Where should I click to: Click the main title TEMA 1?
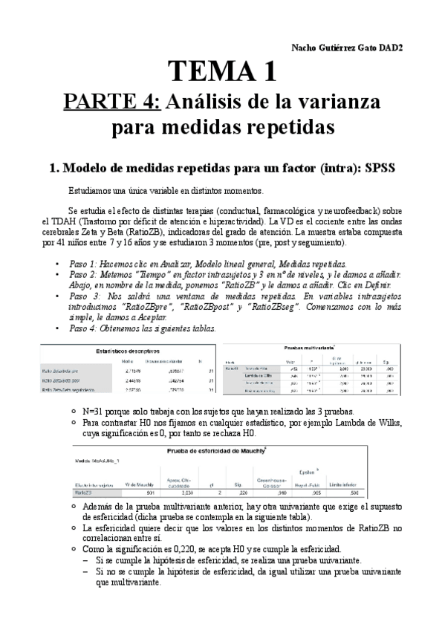(222, 71)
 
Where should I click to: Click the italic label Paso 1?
(84, 264)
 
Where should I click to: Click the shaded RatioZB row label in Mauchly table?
(83, 492)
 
